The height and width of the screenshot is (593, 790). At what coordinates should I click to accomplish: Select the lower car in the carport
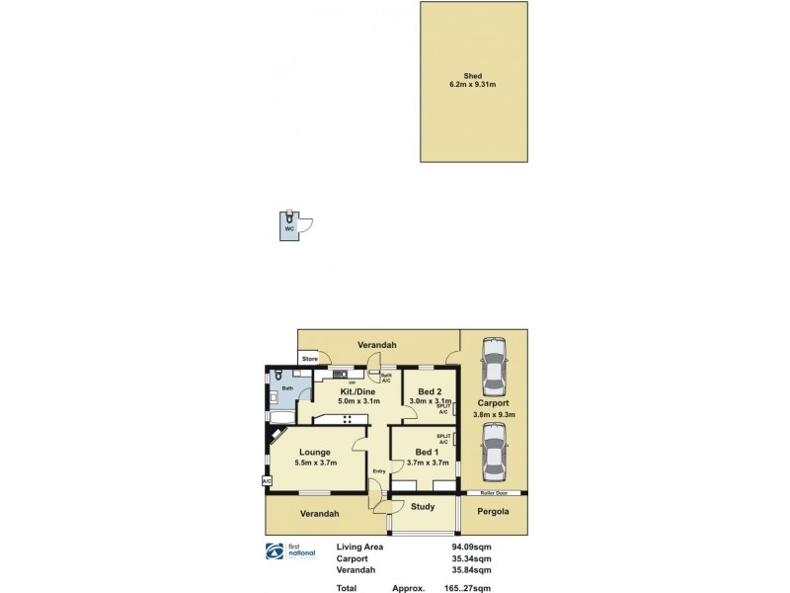pos(492,452)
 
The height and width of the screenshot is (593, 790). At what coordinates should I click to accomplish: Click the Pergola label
pos(493,512)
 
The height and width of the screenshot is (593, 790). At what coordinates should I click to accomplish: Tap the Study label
pos(423,507)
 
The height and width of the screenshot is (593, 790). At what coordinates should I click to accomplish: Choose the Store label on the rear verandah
pos(309,358)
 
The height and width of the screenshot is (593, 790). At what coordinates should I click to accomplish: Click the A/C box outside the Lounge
pos(267,481)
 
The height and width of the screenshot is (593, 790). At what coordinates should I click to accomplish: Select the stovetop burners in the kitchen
pos(349,420)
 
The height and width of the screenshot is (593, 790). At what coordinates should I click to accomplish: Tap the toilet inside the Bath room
pos(279,375)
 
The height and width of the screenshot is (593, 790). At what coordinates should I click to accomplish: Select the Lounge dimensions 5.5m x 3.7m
pos(316,462)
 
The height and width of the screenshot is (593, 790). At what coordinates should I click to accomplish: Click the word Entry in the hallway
pos(379,470)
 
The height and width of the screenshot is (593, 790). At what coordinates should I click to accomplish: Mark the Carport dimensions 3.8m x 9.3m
pos(493,414)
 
